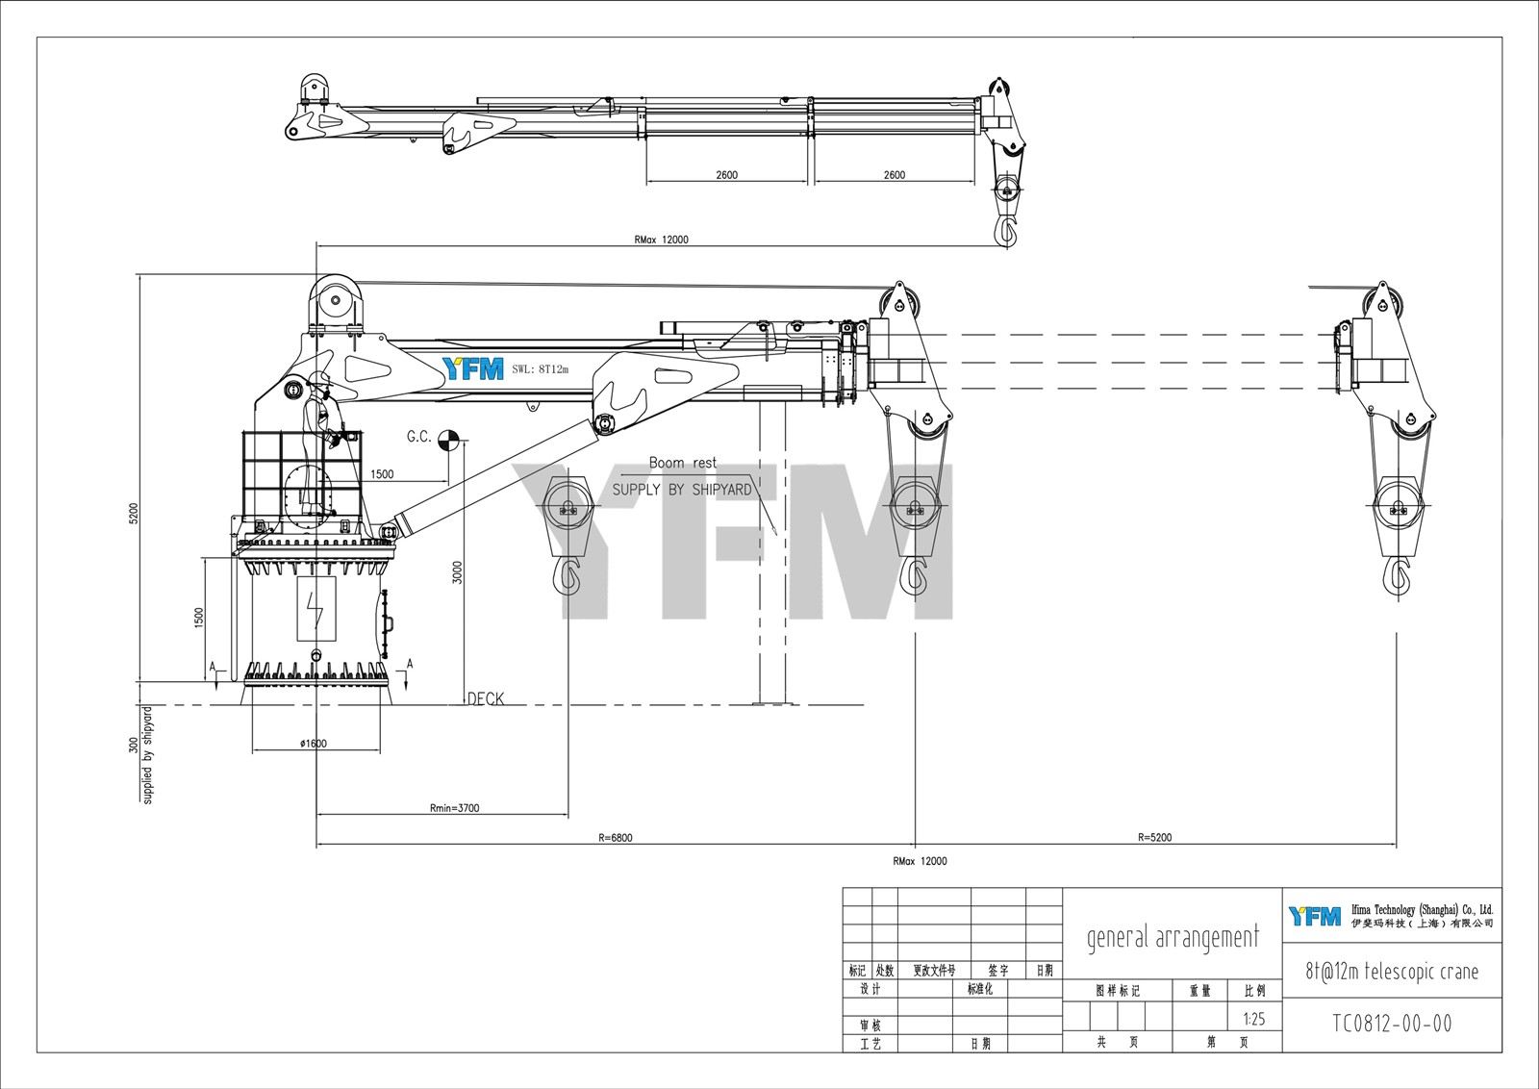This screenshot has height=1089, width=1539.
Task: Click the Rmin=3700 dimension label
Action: point(454,808)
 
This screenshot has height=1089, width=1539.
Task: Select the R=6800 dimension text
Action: point(615,838)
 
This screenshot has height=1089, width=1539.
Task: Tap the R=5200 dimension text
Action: point(1154,838)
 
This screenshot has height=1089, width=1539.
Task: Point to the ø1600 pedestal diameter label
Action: point(314,744)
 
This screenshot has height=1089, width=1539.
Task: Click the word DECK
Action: point(486,699)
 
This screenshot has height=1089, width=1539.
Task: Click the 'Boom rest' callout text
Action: point(683,464)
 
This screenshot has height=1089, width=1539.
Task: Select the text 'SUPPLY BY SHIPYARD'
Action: point(682,490)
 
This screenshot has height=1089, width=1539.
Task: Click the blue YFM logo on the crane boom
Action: point(472,368)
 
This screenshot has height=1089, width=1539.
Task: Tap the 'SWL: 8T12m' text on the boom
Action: point(541,369)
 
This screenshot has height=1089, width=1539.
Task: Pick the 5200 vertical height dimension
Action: point(134,514)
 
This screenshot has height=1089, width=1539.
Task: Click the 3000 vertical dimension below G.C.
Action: point(458,572)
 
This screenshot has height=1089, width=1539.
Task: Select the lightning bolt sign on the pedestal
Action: point(315,610)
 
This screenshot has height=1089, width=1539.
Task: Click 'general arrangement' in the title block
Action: point(1173,937)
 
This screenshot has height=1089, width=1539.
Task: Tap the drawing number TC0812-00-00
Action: point(1392,1024)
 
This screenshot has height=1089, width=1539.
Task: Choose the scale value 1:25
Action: point(1254,1020)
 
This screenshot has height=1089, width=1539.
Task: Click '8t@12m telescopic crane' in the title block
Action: point(1392,972)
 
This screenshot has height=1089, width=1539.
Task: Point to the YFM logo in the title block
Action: point(1315,916)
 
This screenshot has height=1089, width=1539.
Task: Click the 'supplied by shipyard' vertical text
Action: point(148,756)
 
